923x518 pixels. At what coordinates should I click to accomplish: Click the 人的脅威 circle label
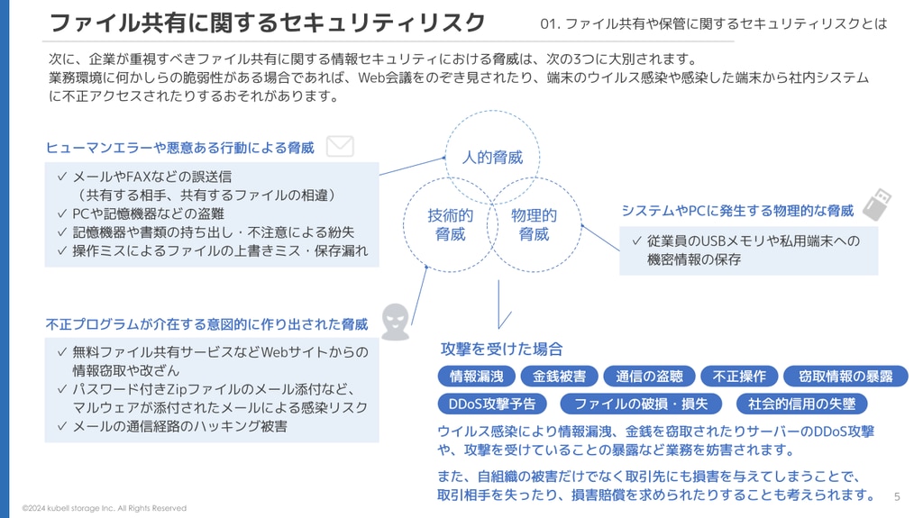click(492, 158)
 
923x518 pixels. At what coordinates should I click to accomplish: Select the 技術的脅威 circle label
click(451, 225)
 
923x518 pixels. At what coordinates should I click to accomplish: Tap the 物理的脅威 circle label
click(534, 225)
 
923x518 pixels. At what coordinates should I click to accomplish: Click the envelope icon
click(340, 146)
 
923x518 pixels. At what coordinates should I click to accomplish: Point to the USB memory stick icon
click(877, 204)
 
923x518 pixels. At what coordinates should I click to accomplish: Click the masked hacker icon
click(396, 322)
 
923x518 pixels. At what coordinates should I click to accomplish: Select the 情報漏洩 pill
click(477, 377)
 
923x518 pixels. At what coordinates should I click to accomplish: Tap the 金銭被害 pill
click(559, 377)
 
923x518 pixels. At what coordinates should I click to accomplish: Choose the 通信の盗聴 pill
click(649, 377)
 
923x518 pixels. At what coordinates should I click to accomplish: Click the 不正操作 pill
click(739, 377)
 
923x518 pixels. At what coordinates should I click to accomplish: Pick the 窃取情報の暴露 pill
click(845, 377)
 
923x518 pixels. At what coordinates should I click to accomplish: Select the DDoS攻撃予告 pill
click(492, 404)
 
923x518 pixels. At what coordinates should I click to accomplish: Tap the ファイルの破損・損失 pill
click(641, 404)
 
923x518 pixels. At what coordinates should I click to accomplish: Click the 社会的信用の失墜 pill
click(801, 404)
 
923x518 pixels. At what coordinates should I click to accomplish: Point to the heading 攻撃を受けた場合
click(501, 349)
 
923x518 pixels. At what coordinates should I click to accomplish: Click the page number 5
click(897, 496)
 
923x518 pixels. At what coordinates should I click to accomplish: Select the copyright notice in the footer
click(105, 508)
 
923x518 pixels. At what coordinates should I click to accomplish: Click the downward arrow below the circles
click(499, 304)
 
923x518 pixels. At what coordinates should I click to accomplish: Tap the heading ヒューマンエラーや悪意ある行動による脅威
click(180, 148)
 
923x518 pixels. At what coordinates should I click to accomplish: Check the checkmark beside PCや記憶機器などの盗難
click(62, 214)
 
